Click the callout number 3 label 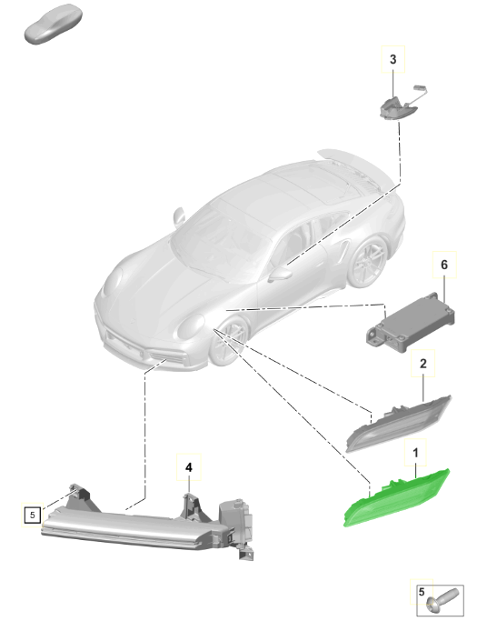click(x=393, y=59)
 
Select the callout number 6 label click(x=443, y=264)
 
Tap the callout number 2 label click(x=422, y=364)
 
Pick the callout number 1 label click(x=416, y=451)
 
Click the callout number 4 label click(x=188, y=467)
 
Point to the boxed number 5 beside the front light click(x=32, y=515)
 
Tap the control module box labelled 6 click(x=407, y=323)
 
